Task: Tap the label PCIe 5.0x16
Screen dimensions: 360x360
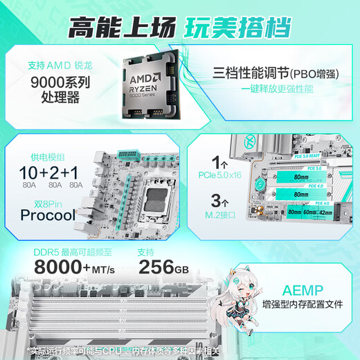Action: (219, 175)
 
